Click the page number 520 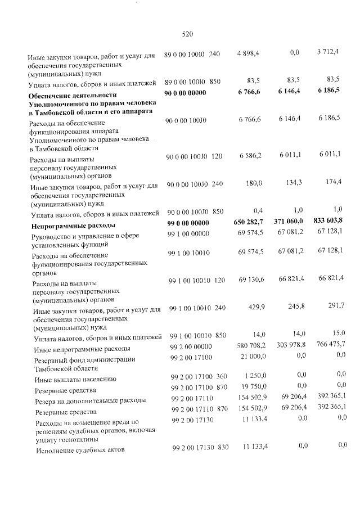pyautogui.click(x=188, y=34)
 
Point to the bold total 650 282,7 pyautogui.click(x=246, y=223)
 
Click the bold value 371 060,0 pyautogui.click(x=288, y=223)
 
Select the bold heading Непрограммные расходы pyautogui.click(x=73, y=226)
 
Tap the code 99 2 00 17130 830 pyautogui.click(x=199, y=447)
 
